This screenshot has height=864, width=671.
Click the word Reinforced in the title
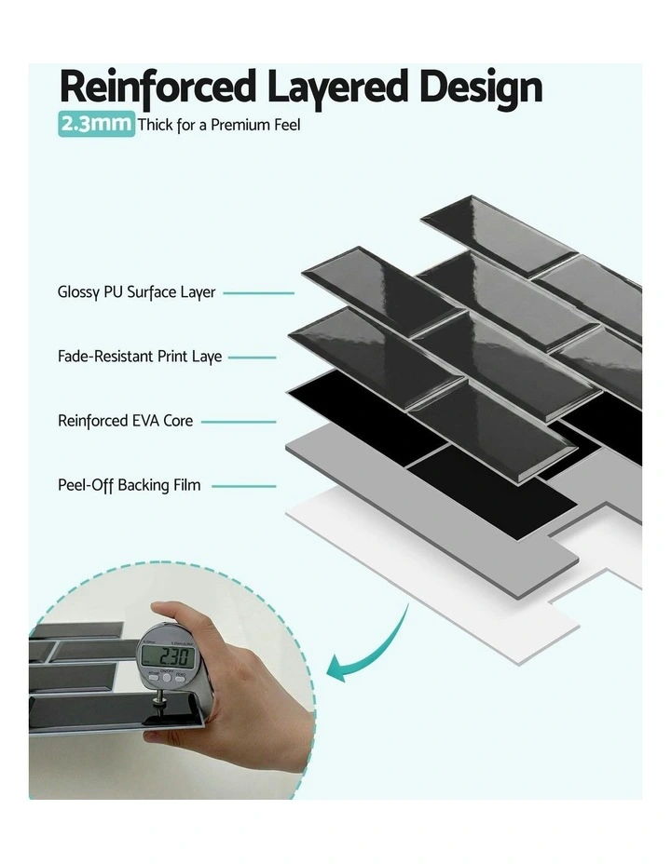click(157, 87)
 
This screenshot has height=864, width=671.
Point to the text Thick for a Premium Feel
click(219, 125)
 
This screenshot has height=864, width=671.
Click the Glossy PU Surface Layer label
click(136, 292)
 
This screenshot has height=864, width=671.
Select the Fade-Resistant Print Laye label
click(140, 357)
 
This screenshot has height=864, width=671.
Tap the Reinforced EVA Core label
click(125, 421)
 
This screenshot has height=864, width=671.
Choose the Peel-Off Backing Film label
click(129, 485)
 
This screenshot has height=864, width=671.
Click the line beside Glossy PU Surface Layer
click(259, 292)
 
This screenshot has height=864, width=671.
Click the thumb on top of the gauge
click(177, 615)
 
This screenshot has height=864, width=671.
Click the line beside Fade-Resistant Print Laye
click(253, 357)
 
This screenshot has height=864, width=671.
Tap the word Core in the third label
click(178, 421)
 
